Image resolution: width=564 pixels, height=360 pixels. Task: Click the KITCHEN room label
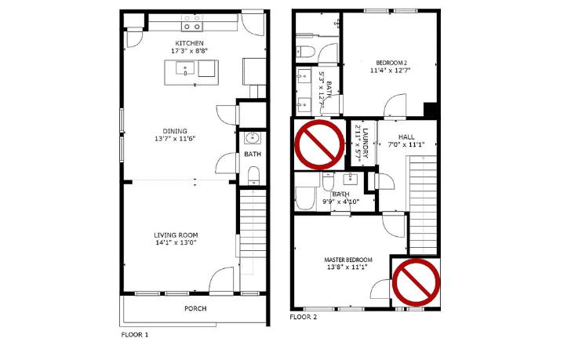(190, 43)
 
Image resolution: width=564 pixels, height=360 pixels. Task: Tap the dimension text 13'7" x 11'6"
(175, 139)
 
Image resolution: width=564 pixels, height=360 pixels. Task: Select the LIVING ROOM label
(176, 235)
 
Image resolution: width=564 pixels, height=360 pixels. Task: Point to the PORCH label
(195, 308)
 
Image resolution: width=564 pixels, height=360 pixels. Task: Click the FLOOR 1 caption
(134, 335)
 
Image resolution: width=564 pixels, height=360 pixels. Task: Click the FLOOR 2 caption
(304, 317)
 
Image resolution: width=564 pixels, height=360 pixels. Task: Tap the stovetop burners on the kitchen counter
(191, 22)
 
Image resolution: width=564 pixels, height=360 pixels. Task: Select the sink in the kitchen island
(185, 68)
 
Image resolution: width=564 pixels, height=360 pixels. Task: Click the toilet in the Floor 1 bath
(254, 175)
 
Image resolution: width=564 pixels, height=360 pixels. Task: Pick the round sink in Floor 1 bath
(253, 138)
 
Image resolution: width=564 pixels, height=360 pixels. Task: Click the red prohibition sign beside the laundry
(319, 144)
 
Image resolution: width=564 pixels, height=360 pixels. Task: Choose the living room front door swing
(221, 281)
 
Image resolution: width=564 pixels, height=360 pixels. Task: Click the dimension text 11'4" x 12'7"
(391, 71)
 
